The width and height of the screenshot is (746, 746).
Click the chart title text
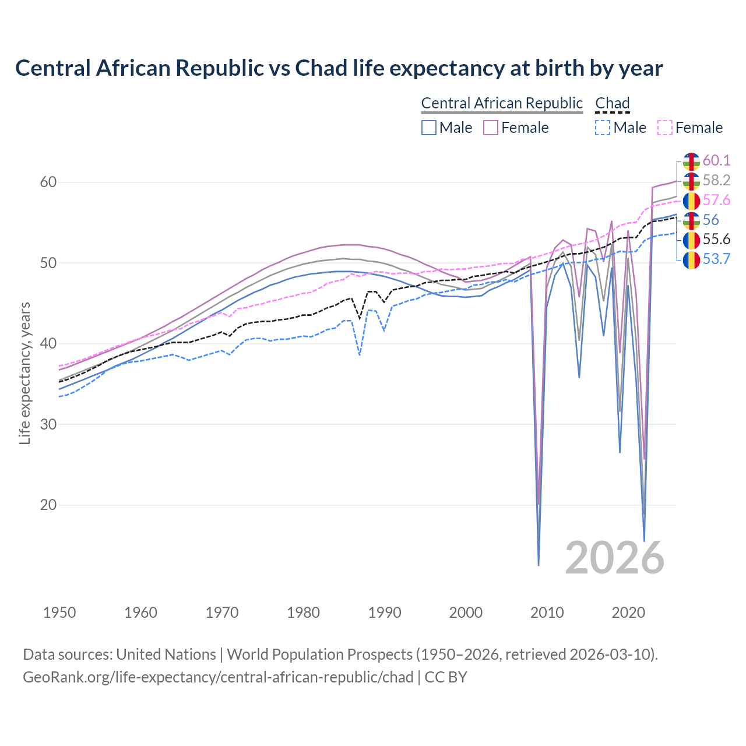pyautogui.click(x=339, y=68)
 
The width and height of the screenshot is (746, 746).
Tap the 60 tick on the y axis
pyautogui.click(x=48, y=182)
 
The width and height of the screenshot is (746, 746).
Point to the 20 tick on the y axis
pyautogui.click(x=48, y=505)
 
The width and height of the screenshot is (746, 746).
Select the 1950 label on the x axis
pyautogui.click(x=60, y=613)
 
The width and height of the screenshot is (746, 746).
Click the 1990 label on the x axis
pyautogui.click(x=385, y=613)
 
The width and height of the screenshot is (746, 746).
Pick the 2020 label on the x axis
pyautogui.click(x=628, y=613)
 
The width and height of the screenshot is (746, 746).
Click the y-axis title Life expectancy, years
pyautogui.click(x=24, y=373)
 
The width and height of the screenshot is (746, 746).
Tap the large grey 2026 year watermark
pyautogui.click(x=614, y=558)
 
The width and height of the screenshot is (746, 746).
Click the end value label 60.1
pyautogui.click(x=716, y=160)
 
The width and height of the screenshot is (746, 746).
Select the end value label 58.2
pyautogui.click(x=716, y=180)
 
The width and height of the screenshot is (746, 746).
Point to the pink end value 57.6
pyautogui.click(x=716, y=200)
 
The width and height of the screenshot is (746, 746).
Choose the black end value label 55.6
pyautogui.click(x=716, y=240)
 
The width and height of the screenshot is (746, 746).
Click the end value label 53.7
pyautogui.click(x=716, y=259)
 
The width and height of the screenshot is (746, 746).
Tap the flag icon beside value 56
pyautogui.click(x=691, y=220)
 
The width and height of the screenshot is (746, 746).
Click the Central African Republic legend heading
pyautogui.click(x=502, y=103)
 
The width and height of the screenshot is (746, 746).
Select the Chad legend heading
pyautogui.click(x=612, y=103)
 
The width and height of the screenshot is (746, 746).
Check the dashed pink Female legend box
pyautogui.click(x=664, y=128)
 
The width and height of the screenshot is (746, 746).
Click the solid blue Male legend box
pyautogui.click(x=429, y=128)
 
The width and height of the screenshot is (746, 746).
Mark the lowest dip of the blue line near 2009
pyautogui.click(x=539, y=565)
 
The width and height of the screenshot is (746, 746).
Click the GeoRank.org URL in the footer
pyautogui.click(x=218, y=677)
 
